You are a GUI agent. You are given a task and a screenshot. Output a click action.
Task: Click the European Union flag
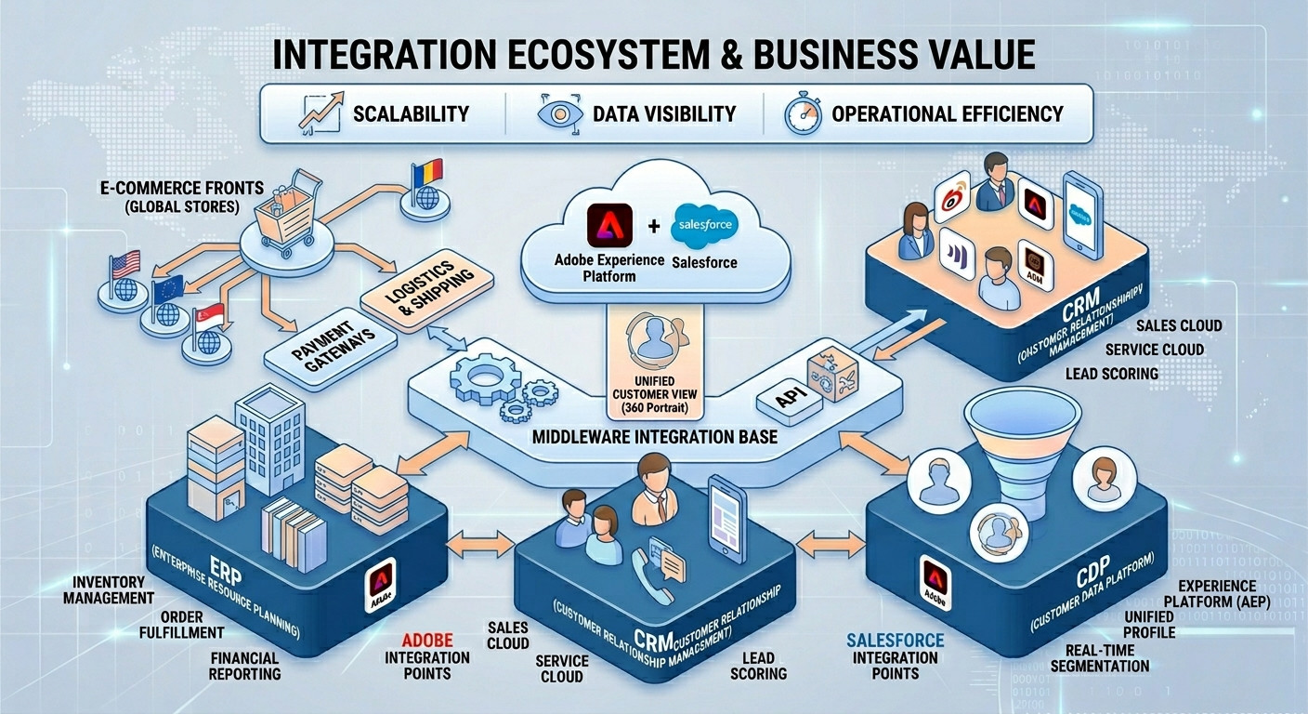pyautogui.click(x=167, y=288)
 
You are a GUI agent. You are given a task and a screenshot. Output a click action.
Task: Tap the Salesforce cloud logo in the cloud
pyautogui.click(x=707, y=224)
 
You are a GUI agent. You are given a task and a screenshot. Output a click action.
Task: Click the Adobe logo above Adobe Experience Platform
pyautogui.click(x=610, y=226)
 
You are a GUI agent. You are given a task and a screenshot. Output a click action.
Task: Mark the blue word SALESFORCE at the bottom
pyautogui.click(x=896, y=641)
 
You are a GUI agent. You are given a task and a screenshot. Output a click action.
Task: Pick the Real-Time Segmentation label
pyautogui.click(x=1100, y=657)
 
